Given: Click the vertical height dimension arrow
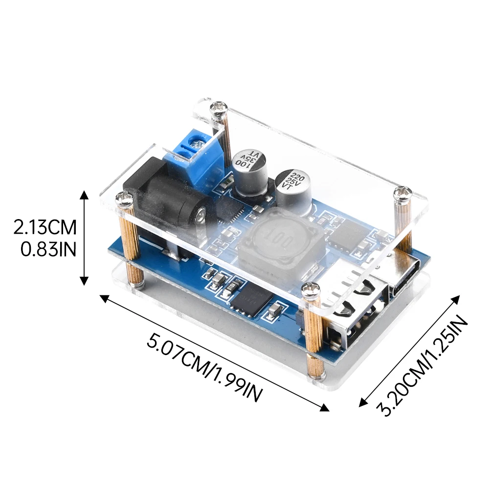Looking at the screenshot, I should [85, 238].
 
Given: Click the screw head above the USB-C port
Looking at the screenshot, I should [403, 192].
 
